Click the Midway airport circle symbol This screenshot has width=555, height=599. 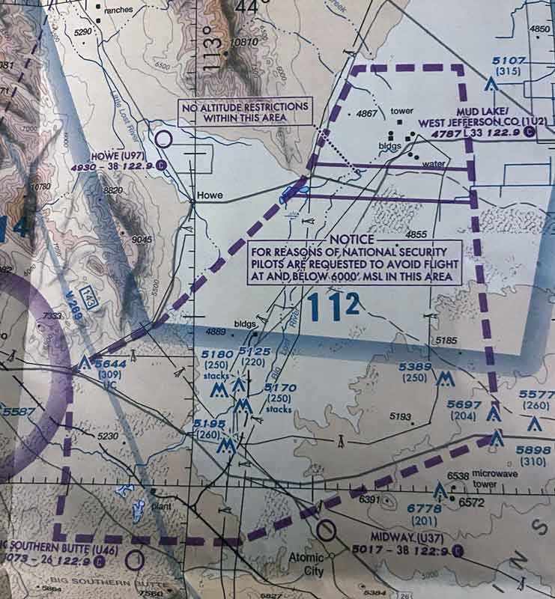(x=325, y=531)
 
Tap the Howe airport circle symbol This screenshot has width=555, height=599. (x=166, y=138)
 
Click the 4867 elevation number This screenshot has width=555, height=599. (x=366, y=114)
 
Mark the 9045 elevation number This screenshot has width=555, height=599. (x=142, y=239)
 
